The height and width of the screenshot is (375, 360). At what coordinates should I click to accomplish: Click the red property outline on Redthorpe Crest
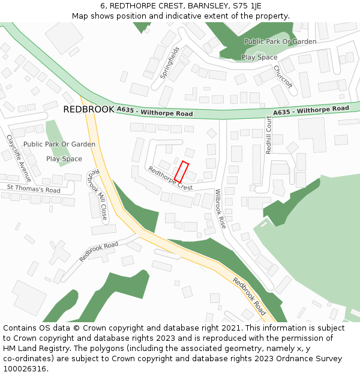click(182, 172)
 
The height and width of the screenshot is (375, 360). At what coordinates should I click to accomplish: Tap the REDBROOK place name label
click(88, 109)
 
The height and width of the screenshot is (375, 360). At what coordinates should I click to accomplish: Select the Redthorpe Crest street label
click(170, 178)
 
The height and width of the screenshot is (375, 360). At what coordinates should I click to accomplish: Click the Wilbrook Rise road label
click(220, 209)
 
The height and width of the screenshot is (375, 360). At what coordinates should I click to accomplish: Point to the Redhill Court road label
click(269, 135)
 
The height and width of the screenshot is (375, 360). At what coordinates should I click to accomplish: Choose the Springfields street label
click(170, 63)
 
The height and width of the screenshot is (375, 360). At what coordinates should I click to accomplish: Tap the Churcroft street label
click(283, 77)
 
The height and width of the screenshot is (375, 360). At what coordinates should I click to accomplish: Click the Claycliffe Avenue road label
click(19, 158)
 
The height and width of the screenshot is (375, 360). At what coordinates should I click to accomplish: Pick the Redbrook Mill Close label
click(97, 194)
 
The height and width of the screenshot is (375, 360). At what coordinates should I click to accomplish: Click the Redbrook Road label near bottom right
click(249, 296)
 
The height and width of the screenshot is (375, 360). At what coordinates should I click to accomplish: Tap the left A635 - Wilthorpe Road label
click(155, 112)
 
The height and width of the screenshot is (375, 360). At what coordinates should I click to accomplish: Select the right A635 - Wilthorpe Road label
click(311, 110)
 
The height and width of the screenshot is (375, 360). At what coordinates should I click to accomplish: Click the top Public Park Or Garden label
click(280, 41)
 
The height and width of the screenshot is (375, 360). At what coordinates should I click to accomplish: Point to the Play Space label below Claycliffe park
click(64, 159)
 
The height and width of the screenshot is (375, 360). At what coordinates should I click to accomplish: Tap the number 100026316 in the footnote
click(24, 368)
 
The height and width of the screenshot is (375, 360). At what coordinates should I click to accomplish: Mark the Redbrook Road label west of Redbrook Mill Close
click(98, 251)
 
